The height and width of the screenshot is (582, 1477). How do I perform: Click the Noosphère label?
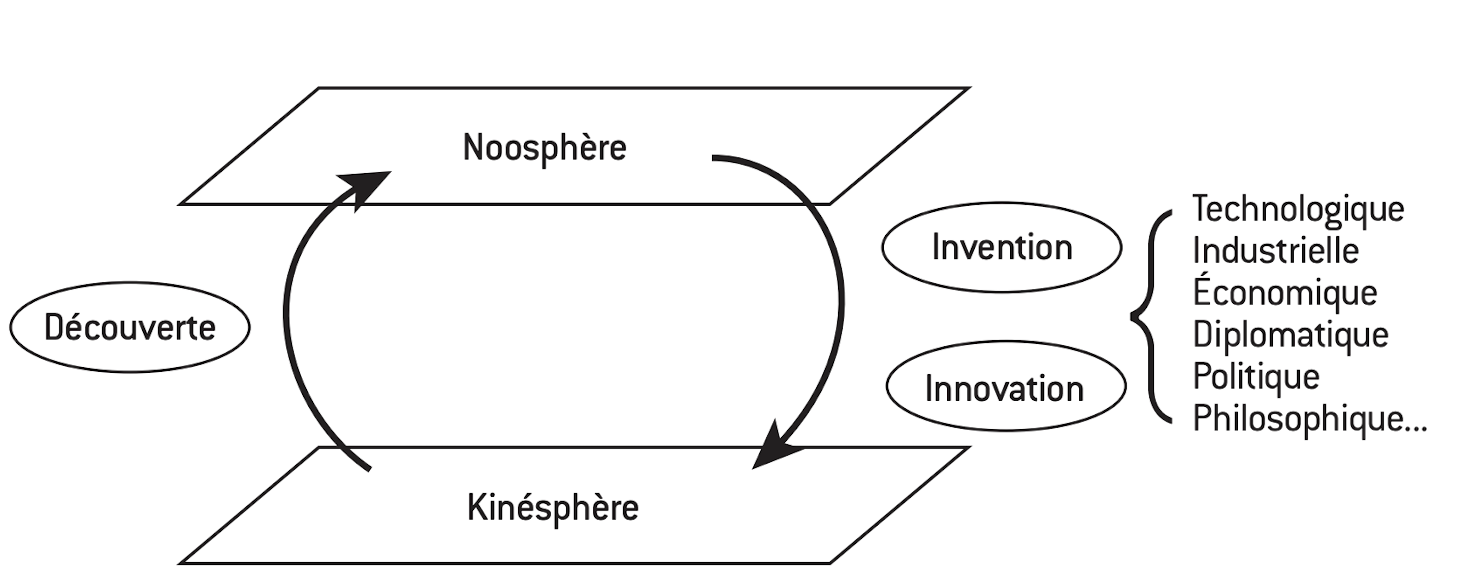(x=544, y=148)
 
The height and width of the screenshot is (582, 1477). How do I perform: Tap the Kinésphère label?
(x=553, y=508)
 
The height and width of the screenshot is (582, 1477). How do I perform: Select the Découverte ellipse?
(x=130, y=328)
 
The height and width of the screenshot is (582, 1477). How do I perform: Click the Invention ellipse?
(x=1001, y=247)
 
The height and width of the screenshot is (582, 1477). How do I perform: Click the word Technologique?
(x=1298, y=209)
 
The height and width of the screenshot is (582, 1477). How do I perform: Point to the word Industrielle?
(x=1275, y=251)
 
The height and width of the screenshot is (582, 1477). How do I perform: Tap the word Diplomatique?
(x=1290, y=334)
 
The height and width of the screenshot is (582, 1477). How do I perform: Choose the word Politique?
(x=1256, y=377)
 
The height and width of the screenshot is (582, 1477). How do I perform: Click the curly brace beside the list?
(x=1149, y=316)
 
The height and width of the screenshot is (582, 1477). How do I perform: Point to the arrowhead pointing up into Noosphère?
(x=367, y=186)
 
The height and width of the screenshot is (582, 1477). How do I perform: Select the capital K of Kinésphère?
(x=476, y=507)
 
